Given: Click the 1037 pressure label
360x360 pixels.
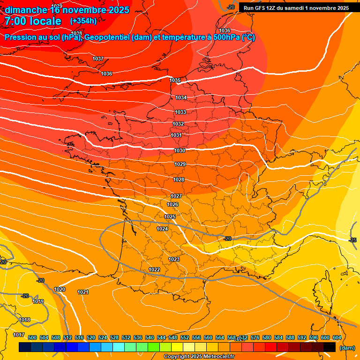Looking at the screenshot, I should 98,59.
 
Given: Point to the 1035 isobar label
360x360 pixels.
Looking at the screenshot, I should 175,81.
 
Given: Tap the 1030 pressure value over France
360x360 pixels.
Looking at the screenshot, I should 180,150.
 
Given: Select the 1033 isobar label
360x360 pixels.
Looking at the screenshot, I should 180,112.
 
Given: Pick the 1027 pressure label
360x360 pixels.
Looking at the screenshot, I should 176,196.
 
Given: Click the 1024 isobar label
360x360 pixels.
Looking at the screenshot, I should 162,229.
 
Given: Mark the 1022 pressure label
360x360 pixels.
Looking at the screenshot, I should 154,270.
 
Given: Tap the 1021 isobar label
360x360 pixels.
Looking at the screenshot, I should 83,292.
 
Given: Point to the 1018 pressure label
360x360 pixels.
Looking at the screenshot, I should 24,320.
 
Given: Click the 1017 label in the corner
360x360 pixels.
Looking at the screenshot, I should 19,335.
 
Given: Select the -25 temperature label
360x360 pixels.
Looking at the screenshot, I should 352,240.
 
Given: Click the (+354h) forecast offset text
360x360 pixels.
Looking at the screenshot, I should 83,21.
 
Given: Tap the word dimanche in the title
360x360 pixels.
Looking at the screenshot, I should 26,10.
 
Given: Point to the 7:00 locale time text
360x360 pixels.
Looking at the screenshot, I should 33,21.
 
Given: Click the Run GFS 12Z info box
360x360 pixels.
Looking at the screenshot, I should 296,8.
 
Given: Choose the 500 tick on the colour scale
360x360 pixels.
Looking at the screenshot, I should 32,337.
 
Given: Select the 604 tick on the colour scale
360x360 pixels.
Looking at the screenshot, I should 337,337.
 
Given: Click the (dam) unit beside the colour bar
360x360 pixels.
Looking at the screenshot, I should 347,348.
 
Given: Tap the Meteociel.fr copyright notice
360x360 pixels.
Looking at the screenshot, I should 199,357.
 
